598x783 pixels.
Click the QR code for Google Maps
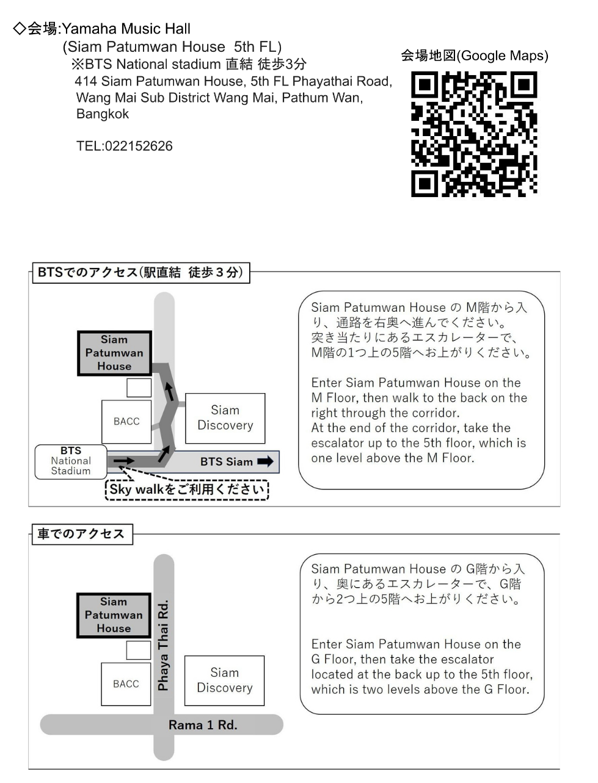(x=474, y=134)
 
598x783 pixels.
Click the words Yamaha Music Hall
(x=126, y=29)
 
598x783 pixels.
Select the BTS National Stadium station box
(x=71, y=461)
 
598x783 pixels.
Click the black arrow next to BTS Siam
(x=265, y=461)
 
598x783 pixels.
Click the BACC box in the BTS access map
(x=126, y=422)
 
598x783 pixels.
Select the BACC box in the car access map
(x=126, y=684)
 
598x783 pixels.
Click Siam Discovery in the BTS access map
(x=225, y=418)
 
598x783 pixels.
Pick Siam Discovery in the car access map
(x=224, y=680)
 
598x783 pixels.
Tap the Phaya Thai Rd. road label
(x=163, y=645)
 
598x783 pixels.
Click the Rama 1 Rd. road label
(x=203, y=725)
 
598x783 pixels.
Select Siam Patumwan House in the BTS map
(x=114, y=353)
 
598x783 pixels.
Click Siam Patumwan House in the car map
(x=114, y=615)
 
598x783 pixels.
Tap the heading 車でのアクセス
(x=81, y=533)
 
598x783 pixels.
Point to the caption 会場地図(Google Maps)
(x=475, y=56)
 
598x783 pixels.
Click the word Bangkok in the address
(x=103, y=114)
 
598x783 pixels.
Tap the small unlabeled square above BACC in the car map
(x=139, y=650)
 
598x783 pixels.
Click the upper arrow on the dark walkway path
(x=170, y=392)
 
